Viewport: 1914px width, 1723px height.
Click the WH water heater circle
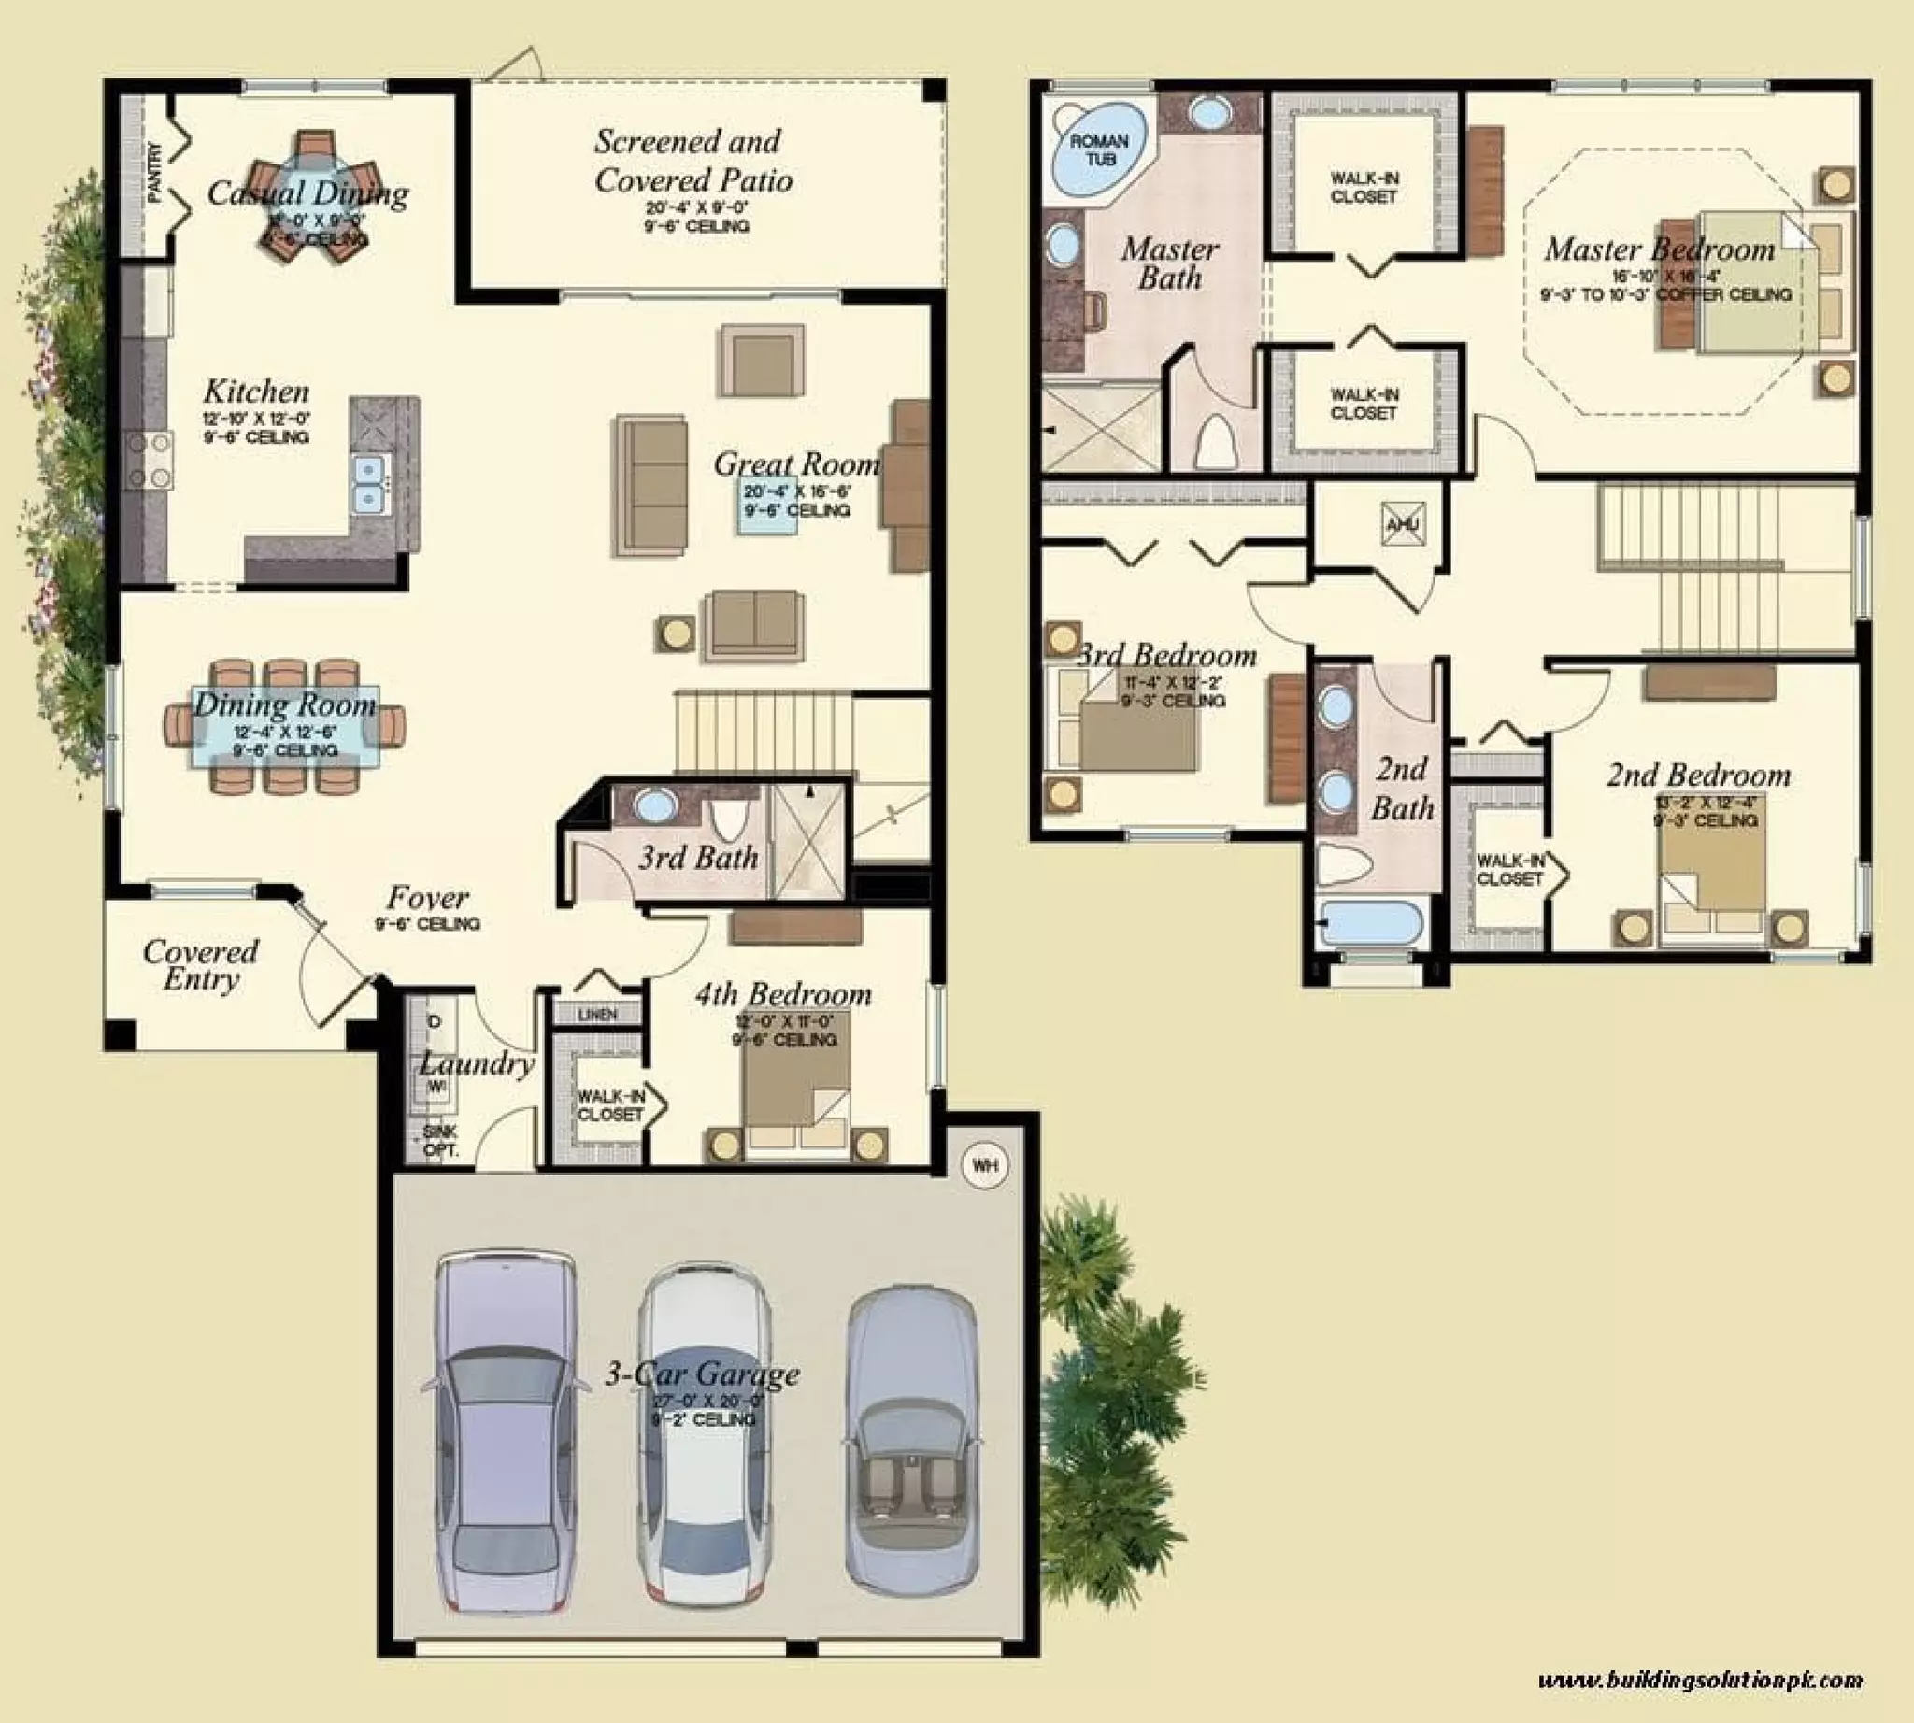tap(985, 1165)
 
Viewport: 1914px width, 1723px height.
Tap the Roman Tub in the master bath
tap(1098, 151)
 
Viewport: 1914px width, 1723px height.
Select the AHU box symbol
tap(1403, 524)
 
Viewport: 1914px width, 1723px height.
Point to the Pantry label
tap(155, 172)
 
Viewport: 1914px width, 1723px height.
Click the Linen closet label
tap(597, 1014)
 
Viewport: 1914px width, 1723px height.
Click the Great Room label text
tap(796, 463)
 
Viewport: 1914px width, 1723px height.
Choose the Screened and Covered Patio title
tap(692, 161)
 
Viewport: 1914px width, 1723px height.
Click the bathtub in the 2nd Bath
tap(1371, 923)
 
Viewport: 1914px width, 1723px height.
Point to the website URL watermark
tap(1700, 1680)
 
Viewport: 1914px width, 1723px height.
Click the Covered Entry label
tap(200, 964)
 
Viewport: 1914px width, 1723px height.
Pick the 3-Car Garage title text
tap(702, 1374)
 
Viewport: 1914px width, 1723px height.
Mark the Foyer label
tap(427, 898)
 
